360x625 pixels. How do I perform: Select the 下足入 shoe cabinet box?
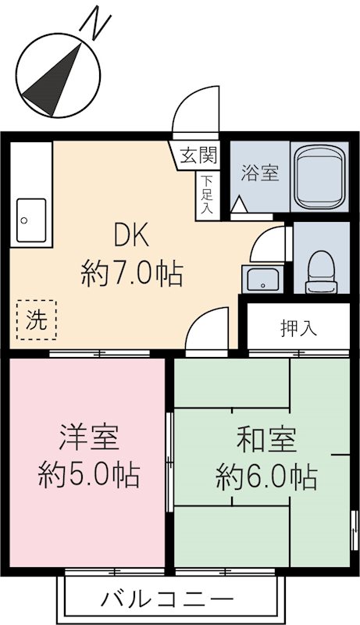[x=206, y=195]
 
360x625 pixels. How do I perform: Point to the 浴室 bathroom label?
[x=259, y=173]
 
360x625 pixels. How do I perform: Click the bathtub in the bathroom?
[x=321, y=177]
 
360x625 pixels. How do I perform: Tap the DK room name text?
[x=131, y=234]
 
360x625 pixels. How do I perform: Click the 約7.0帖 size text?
[x=131, y=274]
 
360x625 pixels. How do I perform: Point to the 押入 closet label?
[x=298, y=328]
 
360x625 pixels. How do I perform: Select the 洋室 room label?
[x=89, y=437]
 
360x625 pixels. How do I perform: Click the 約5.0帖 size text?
[x=89, y=474]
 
